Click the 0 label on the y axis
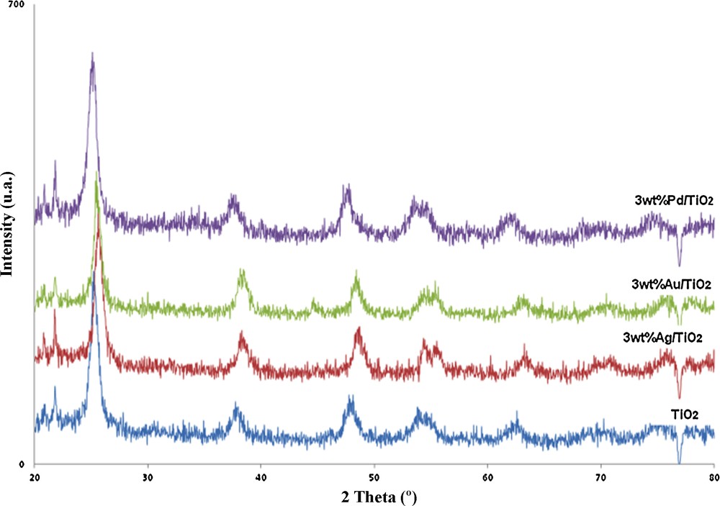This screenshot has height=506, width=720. click(22, 464)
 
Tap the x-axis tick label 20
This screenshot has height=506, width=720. click(35, 477)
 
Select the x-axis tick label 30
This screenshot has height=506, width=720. click(148, 477)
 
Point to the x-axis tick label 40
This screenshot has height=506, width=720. click(261, 477)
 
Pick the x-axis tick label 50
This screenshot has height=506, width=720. click(374, 477)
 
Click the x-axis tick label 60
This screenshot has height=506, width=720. click(487, 477)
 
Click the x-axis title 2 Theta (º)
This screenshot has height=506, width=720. click(373, 497)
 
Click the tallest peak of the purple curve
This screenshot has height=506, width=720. click(92, 54)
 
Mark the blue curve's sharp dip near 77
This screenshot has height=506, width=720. click(679, 463)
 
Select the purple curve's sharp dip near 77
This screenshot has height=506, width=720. click(679, 264)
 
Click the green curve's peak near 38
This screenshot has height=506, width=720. click(242, 271)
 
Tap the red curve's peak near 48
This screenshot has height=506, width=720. click(358, 329)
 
